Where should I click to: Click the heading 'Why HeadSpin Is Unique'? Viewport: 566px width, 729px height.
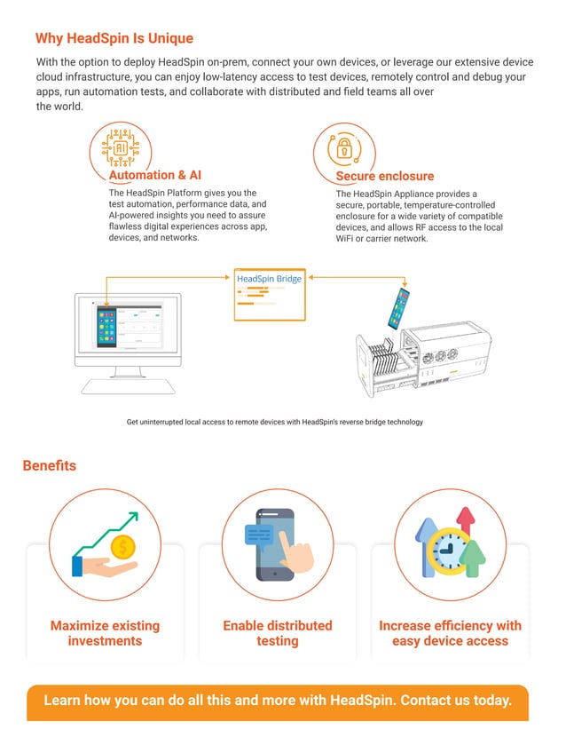click(114, 39)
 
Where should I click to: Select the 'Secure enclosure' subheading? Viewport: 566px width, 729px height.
click(385, 176)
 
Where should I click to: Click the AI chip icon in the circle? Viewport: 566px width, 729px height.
click(120, 148)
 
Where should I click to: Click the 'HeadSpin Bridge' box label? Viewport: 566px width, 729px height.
click(270, 279)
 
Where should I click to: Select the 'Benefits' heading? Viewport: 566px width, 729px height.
click(50, 465)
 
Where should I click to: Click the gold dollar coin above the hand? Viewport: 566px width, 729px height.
click(122, 546)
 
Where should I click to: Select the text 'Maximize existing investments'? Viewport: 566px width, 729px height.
click(105, 633)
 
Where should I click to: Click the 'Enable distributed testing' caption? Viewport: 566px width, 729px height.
click(277, 633)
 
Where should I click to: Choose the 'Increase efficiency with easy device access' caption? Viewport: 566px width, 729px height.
click(450, 633)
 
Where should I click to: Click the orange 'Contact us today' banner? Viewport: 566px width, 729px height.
click(278, 701)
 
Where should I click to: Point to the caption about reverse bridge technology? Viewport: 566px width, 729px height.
click(275, 422)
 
